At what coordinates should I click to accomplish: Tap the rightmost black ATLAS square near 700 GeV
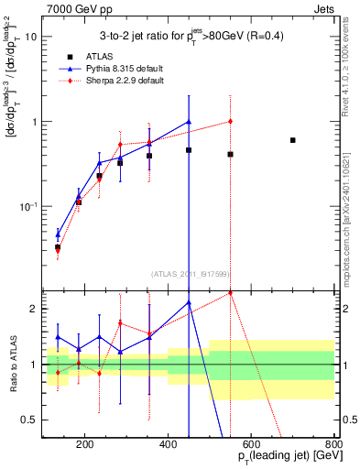pyautogui.click(x=292, y=140)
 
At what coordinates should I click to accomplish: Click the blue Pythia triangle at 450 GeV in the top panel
pyautogui.click(x=189, y=122)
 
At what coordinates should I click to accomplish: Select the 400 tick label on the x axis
pyautogui.click(x=168, y=445)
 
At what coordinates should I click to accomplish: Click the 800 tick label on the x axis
pyautogui.click(x=333, y=445)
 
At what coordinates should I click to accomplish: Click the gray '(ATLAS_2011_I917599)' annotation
pyautogui.click(x=189, y=273)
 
